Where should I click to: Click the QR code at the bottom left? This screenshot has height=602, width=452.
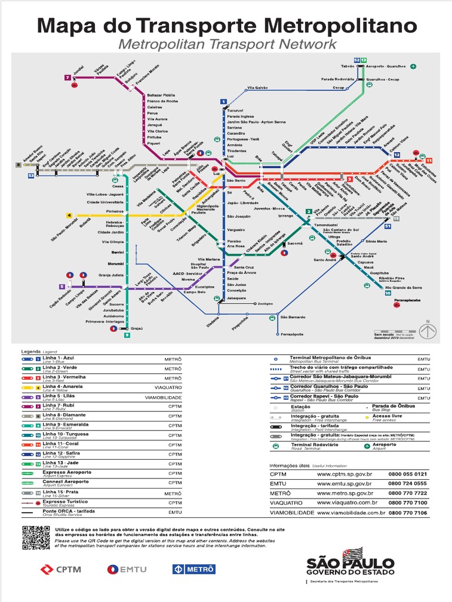(x=35, y=537)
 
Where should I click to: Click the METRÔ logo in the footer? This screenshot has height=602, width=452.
(x=194, y=568)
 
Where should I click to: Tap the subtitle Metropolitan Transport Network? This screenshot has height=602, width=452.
(x=227, y=44)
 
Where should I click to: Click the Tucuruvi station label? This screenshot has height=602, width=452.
(x=235, y=110)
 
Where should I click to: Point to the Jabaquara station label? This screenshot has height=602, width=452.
(x=237, y=298)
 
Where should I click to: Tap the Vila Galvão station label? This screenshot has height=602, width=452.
(x=258, y=88)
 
